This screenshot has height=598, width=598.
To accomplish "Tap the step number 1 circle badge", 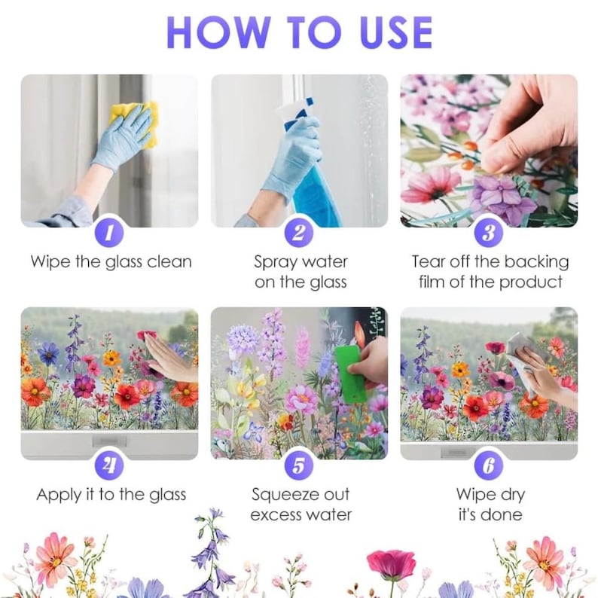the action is (109, 233).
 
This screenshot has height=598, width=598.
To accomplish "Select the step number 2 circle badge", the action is (299, 233).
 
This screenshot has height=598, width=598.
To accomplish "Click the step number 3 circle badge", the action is (489, 233).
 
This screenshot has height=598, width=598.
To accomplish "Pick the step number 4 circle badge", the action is (109, 465).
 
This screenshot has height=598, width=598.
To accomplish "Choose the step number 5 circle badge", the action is (299, 465).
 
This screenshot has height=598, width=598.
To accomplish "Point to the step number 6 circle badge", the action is (489, 465).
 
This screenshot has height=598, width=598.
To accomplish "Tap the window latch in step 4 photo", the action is (109, 441).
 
